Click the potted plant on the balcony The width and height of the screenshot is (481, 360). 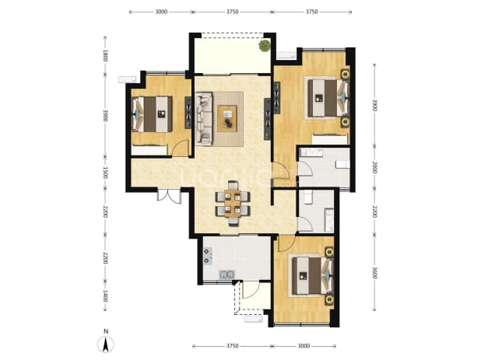(264, 46)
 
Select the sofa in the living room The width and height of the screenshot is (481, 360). (204, 118)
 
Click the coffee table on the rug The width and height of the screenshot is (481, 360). (227, 118)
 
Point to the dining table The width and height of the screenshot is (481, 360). (233, 204)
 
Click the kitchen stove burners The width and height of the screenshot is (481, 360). (207, 256)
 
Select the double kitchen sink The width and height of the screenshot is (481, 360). (226, 274)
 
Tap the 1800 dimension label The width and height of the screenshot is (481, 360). (105, 56)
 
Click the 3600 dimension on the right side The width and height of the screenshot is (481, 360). (374, 273)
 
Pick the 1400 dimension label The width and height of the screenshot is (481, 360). (105, 296)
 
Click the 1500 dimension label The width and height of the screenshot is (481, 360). (105, 173)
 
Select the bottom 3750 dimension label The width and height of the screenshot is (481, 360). (232, 346)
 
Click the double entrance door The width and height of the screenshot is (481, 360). (169, 196)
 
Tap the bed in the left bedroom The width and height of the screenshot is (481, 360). (152, 114)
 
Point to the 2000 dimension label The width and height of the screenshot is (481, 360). (374, 167)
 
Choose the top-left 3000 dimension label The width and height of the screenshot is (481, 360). (161, 12)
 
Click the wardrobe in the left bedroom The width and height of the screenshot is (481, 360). (149, 150)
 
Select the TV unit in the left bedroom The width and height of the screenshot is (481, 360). (188, 113)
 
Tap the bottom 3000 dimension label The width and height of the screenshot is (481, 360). (304, 346)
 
